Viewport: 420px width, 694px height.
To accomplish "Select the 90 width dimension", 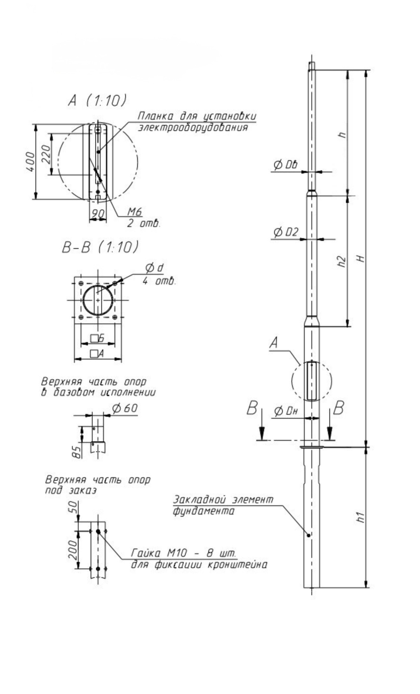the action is [x=98, y=213].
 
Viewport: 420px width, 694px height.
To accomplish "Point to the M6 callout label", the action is [x=135, y=211].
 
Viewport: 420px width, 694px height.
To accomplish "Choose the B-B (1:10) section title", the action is [x=100, y=248].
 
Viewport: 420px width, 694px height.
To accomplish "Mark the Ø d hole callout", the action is [x=155, y=268].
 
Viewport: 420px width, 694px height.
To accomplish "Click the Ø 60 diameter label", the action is [x=125, y=408].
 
